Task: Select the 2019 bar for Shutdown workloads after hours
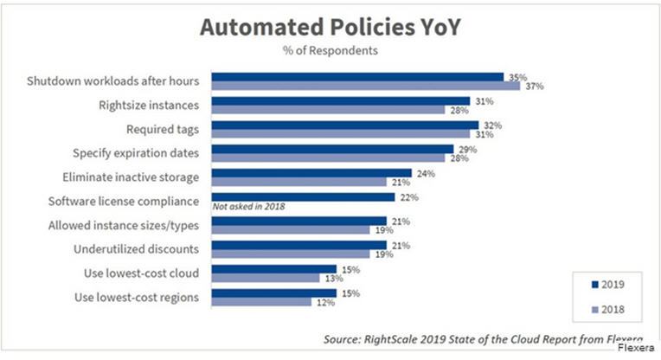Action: click(357, 76)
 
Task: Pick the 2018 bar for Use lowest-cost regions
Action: click(260, 303)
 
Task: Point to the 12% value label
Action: click(324, 303)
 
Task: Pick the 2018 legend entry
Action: click(607, 306)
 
